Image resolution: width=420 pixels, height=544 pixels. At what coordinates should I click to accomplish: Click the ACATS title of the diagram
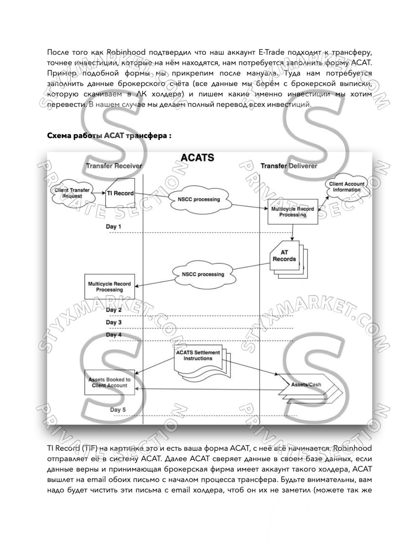pyautogui.click(x=197, y=157)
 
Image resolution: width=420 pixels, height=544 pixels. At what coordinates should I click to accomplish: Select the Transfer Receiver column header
pyautogui.click(x=114, y=166)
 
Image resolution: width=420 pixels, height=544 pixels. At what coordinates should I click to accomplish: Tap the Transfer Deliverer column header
pyautogui.click(x=289, y=166)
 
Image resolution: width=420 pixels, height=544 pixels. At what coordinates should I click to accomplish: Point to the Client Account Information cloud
pyautogui.click(x=347, y=187)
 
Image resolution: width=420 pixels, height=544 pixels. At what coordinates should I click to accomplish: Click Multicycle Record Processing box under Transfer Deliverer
pyautogui.click(x=293, y=212)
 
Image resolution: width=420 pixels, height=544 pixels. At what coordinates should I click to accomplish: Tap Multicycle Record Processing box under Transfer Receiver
pyautogui.click(x=109, y=287)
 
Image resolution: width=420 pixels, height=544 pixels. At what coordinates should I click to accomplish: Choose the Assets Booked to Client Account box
pyautogui.click(x=109, y=382)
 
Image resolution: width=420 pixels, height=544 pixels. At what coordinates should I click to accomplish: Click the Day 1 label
pyautogui.click(x=113, y=227)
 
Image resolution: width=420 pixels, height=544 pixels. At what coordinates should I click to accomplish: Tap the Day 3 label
pyautogui.click(x=114, y=322)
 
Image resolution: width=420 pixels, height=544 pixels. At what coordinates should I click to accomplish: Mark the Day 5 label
pyautogui.click(x=118, y=410)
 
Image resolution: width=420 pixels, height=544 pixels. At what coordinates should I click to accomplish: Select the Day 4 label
pyautogui.click(x=114, y=335)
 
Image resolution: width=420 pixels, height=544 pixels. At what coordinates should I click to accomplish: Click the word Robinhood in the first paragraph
pyautogui.click(x=126, y=52)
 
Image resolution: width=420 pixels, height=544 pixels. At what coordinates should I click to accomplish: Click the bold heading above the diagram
pyautogui.click(x=109, y=136)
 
